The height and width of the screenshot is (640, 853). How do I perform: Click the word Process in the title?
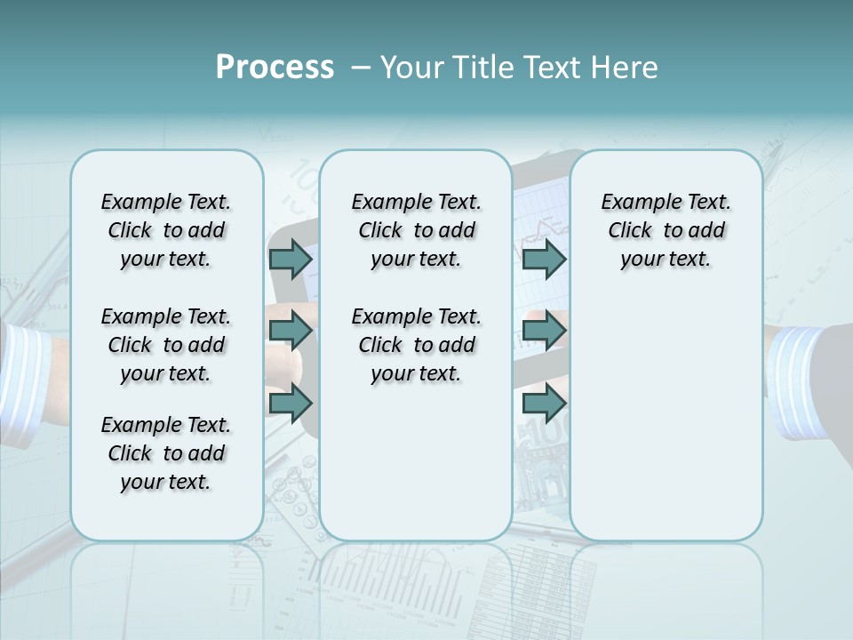click(x=275, y=68)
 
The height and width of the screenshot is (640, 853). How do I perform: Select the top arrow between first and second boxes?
click(x=291, y=259)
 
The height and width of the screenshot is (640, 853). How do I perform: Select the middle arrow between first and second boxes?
click(x=291, y=332)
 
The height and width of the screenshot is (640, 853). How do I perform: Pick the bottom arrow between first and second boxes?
click(x=291, y=404)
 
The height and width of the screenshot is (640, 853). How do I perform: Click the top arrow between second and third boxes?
click(x=544, y=259)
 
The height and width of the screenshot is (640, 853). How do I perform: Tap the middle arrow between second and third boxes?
click(x=544, y=332)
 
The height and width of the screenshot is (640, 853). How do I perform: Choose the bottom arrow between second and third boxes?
click(x=544, y=404)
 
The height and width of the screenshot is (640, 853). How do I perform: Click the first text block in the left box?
click(x=166, y=230)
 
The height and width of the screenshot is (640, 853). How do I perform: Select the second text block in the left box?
click(x=166, y=345)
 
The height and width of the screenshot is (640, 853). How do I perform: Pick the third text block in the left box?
click(x=166, y=453)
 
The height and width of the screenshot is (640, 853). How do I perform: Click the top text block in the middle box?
click(x=416, y=230)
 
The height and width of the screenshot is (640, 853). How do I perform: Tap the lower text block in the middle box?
click(x=416, y=345)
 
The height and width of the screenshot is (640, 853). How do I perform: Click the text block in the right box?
click(x=666, y=230)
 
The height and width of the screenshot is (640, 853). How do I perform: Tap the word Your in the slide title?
click(x=411, y=68)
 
